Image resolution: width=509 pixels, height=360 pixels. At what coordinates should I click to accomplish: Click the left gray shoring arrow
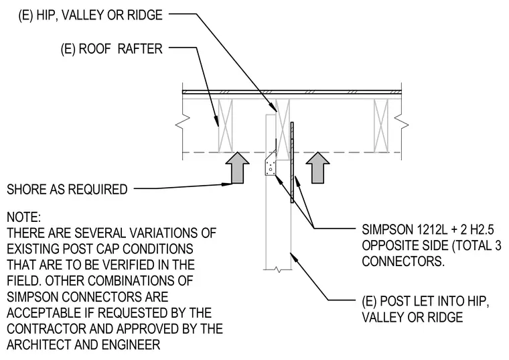237,168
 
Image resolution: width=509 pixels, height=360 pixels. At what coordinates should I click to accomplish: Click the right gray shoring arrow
318,168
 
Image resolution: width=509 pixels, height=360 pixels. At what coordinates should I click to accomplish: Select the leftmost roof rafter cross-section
226,126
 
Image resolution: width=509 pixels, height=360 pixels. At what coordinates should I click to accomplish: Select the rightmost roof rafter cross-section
381,126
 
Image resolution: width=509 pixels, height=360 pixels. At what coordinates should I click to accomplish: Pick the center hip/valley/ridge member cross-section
283,129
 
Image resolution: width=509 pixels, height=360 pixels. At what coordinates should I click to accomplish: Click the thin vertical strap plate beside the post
292,162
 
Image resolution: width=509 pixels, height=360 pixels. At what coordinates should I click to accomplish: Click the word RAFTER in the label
140,49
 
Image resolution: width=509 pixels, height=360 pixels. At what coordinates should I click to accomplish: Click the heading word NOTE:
23,217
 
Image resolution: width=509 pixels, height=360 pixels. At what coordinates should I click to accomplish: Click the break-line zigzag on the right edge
402,125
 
